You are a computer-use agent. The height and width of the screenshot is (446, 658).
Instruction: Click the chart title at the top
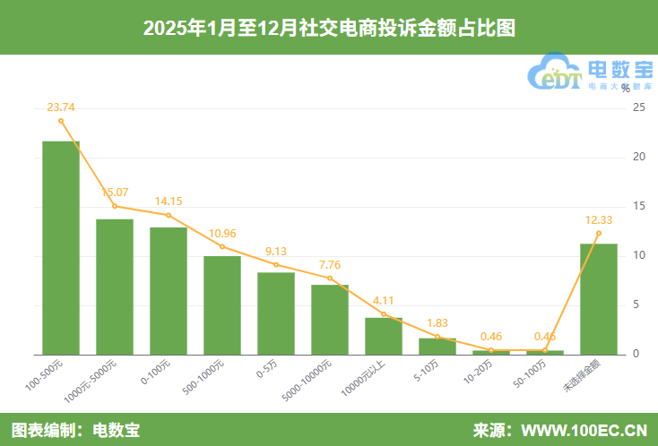coord(329,28)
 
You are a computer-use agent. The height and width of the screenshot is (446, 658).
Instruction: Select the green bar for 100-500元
coord(61,247)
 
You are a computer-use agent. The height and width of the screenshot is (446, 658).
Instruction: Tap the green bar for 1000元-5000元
coord(115,287)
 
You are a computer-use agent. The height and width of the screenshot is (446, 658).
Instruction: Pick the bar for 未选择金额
coord(598,298)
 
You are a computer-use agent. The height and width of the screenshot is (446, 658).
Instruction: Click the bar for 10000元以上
coord(384,336)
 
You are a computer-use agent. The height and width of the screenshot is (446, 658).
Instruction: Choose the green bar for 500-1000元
coord(222,304)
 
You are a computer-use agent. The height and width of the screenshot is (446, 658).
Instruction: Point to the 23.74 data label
coord(61,107)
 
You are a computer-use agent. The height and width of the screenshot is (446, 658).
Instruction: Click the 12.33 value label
coord(598,220)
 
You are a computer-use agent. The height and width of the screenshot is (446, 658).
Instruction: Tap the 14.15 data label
coord(169,202)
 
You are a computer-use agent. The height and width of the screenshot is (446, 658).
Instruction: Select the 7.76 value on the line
coord(330,265)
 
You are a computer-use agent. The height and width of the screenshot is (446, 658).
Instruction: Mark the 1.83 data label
coord(437,323)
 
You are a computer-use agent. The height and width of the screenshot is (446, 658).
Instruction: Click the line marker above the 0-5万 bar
coord(276,264)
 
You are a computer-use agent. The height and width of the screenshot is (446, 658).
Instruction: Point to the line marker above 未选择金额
coord(598,233)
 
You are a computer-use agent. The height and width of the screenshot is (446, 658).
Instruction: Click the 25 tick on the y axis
coord(639,107)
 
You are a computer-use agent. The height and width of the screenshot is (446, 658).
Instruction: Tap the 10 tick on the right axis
coord(639,255)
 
